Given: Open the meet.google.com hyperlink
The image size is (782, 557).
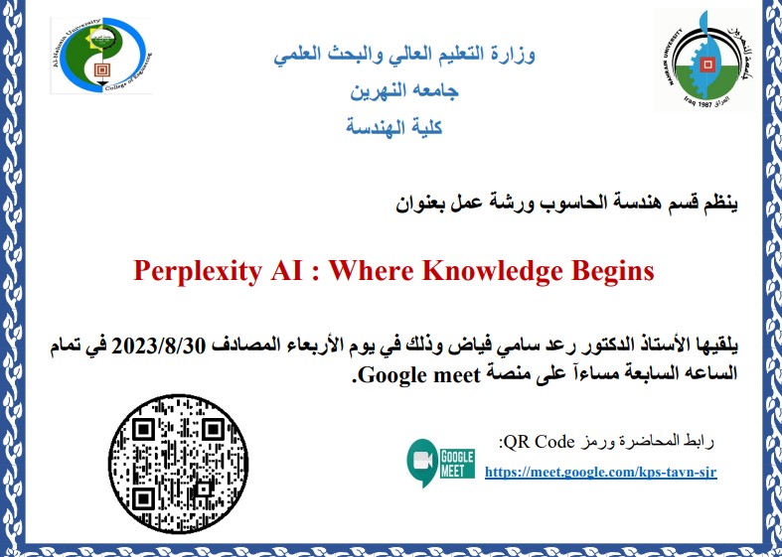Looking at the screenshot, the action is coord(601,472).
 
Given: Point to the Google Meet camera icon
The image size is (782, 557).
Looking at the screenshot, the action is coord(423,463).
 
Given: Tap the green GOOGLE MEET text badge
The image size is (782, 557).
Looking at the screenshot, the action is coord(457,464).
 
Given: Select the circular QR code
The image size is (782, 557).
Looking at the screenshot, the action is coord(178,464).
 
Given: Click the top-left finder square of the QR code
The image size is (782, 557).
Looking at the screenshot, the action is coord(143,429).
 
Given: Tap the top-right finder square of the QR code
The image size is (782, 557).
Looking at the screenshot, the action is coord(213,429).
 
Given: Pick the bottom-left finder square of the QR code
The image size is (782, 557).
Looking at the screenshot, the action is coord(143,497).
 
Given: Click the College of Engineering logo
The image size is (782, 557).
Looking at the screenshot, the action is coord(101,56).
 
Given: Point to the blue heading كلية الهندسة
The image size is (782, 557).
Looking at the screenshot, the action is coord(394,127).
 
